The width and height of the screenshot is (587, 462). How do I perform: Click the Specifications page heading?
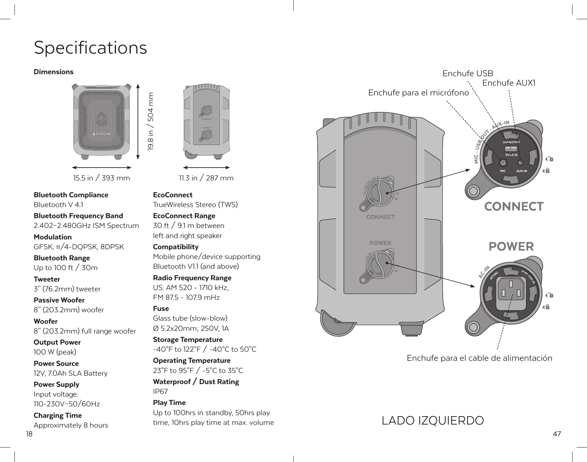click(90, 48)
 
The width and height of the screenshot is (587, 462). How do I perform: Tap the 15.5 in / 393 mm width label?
click(101, 178)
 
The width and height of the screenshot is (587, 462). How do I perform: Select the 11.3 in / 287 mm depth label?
click(206, 178)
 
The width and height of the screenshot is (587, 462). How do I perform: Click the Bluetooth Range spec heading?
click(62, 258)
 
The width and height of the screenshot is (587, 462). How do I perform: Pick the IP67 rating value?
click(160, 392)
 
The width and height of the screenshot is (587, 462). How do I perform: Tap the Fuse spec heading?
click(161, 309)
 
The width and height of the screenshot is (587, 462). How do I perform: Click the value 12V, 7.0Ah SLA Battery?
click(70, 373)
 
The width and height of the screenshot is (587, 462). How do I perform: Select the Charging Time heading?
click(58, 415)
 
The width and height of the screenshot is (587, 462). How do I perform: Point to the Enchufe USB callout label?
click(468, 74)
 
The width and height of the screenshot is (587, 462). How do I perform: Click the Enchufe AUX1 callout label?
click(509, 83)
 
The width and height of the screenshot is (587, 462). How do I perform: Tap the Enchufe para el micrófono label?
click(418, 93)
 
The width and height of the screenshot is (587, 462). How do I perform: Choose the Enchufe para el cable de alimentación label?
click(479, 358)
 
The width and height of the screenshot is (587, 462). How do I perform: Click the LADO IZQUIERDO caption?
click(433, 421)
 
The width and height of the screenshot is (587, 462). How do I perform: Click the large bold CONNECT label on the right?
click(514, 206)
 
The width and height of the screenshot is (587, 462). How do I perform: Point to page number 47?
click(557, 434)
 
